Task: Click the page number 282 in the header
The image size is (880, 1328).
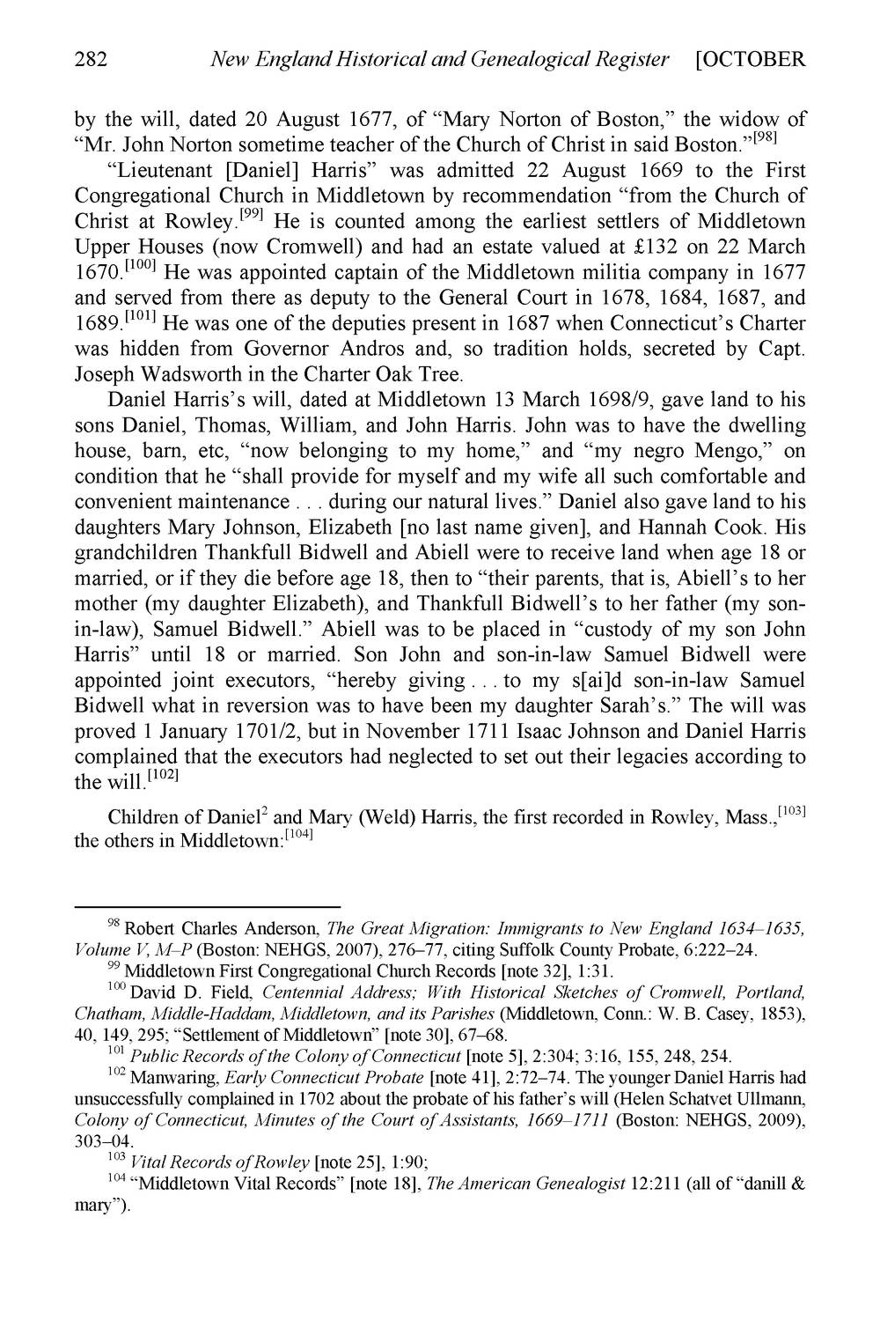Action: (91, 60)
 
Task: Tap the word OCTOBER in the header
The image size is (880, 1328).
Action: (754, 60)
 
